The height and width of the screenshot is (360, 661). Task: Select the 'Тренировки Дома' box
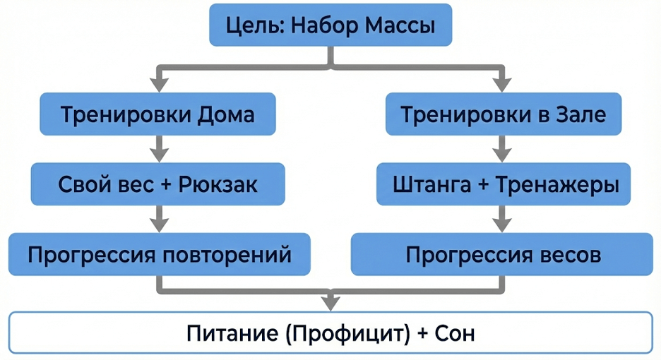(x=157, y=114)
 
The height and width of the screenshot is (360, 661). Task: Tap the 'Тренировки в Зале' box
(x=503, y=114)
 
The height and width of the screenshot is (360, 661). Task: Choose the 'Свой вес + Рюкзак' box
(x=157, y=185)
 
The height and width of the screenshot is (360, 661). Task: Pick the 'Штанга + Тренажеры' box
(x=506, y=185)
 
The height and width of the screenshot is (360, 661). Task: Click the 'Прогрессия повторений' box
(x=159, y=255)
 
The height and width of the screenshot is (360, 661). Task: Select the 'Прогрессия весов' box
(x=503, y=255)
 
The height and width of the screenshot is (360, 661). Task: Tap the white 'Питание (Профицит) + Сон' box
(x=330, y=332)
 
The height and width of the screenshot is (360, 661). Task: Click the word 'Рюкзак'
(x=218, y=185)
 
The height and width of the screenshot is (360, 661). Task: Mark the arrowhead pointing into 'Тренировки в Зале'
(x=502, y=85)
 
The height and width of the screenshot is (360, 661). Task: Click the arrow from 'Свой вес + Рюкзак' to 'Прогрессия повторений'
(x=159, y=220)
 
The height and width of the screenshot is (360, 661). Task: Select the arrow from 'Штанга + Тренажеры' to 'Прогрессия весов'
(x=502, y=220)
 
